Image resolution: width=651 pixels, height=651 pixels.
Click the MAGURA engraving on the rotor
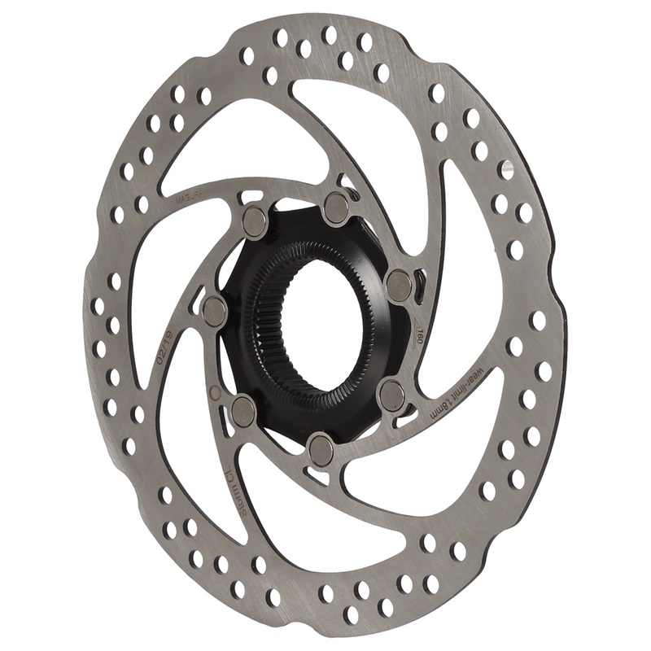(189, 195)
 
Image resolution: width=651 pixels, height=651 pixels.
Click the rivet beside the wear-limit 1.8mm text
(391, 395)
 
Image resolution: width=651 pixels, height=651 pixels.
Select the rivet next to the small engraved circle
(242, 410)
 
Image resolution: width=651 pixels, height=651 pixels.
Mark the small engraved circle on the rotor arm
(216, 392)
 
